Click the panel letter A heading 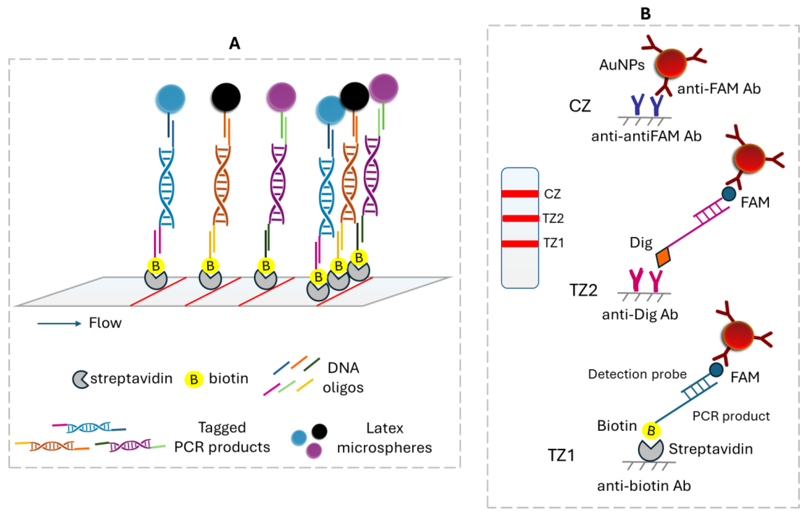coord(234,43)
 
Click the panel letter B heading coord(646,14)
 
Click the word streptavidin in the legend coord(131,378)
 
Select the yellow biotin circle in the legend coord(194,379)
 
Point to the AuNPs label coord(622,65)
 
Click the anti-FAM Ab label coord(719,89)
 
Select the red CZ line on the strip coord(520,194)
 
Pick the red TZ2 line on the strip coord(520,218)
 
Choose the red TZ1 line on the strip coord(520,244)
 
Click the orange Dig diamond coord(663,257)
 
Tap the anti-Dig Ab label coord(640,315)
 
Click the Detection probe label coord(637,374)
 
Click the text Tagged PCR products coord(222,437)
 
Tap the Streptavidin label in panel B coord(711,449)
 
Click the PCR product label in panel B coord(731,416)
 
